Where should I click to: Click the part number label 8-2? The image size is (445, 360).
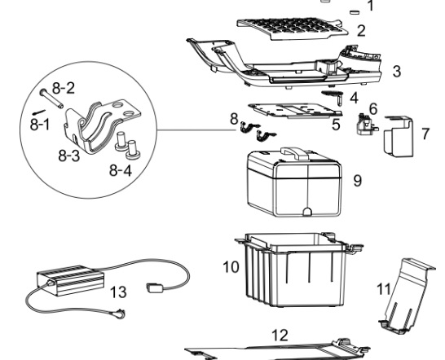click(x=64, y=88)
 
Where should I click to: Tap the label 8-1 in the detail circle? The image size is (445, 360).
click(x=40, y=125)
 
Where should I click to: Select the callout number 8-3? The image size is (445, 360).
click(x=69, y=156)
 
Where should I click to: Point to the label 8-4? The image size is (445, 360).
click(x=121, y=170)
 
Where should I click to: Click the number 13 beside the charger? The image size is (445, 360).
click(x=118, y=292)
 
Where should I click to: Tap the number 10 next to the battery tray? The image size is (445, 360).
click(x=231, y=267)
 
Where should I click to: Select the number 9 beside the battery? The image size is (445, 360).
click(x=358, y=180)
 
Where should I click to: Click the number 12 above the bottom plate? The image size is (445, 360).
click(x=280, y=335)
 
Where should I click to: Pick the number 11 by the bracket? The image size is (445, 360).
click(x=383, y=289)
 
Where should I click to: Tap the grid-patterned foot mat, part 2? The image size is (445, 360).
click(x=293, y=29)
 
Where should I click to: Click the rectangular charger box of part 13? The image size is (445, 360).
click(x=70, y=280)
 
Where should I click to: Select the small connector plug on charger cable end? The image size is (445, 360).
click(x=155, y=288)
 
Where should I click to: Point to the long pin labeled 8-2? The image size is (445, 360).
click(x=51, y=99)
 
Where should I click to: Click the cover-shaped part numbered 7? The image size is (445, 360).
click(x=399, y=136)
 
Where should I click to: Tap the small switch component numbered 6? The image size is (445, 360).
click(x=366, y=124)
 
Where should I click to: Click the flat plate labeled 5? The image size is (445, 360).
click(x=295, y=111)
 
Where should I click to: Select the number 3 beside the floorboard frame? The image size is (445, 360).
click(x=397, y=71)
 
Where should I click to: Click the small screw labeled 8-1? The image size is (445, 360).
click(x=39, y=112)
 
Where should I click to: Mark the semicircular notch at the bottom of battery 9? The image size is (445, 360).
click(x=307, y=211)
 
